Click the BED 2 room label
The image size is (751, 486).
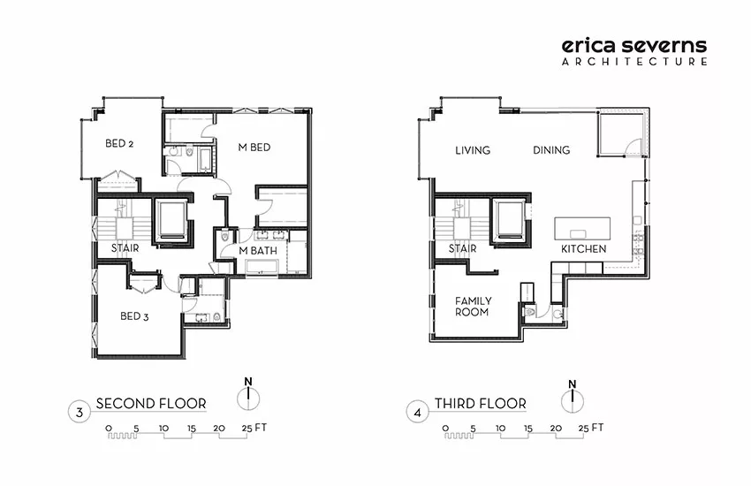(119, 143)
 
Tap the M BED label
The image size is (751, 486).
(254, 148)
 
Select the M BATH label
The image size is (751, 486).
(258, 250)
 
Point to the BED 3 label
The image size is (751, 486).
(134, 316)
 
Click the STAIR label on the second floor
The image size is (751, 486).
(125, 248)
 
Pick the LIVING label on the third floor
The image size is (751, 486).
(473, 150)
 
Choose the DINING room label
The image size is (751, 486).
(551, 150)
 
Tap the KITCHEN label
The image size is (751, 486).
(583, 249)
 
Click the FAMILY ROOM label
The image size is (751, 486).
(473, 307)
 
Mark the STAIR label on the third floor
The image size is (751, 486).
(463, 248)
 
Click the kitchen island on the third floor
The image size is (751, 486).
(582, 228)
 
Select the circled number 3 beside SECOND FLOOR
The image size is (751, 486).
(80, 412)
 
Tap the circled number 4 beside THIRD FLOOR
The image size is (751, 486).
(418, 413)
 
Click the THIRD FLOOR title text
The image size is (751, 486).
(481, 404)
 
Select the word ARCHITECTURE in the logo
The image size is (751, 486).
(634, 61)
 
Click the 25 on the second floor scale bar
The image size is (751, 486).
(247, 428)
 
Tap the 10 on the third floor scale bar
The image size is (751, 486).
(500, 428)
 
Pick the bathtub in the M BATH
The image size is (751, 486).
(262, 267)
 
